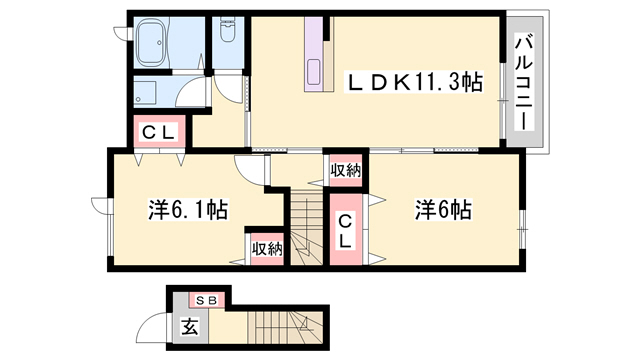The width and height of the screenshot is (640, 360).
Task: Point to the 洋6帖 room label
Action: pyautogui.click(x=443, y=210)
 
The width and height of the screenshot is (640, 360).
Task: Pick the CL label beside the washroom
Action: pyautogui.click(x=157, y=131)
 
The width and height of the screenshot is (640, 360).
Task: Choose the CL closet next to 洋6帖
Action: pyautogui.click(x=344, y=232)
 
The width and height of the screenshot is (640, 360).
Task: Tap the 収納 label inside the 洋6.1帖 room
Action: pyautogui.click(x=266, y=249)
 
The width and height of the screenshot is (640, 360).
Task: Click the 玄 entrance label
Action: pyautogui.click(x=189, y=326)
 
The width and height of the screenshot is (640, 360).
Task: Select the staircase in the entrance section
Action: pyautogui.click(x=286, y=326)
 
